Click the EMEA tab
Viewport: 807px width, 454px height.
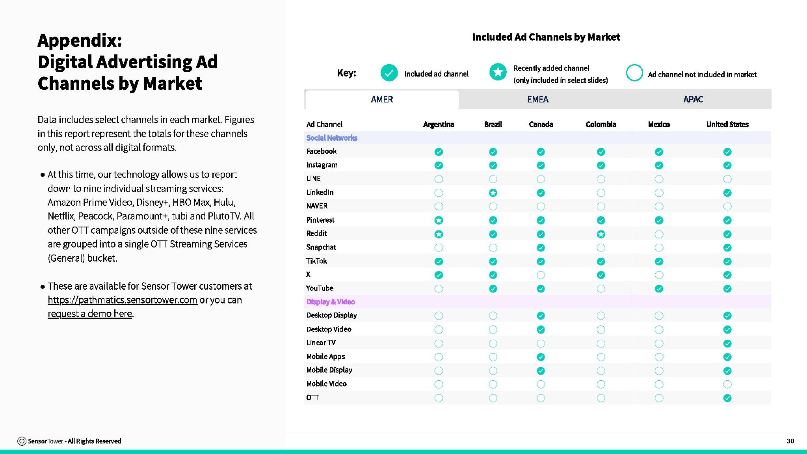[537, 99]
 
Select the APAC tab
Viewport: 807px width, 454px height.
[693, 99]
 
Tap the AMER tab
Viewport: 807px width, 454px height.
[382, 99]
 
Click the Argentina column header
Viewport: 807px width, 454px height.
[439, 125]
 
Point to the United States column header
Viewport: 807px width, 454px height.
[727, 125]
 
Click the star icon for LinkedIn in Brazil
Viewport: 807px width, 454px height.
[493, 193]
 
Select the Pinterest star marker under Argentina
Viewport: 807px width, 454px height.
[439, 220]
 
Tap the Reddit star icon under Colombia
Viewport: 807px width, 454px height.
[601, 234]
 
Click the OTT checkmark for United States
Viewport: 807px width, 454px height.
[727, 398]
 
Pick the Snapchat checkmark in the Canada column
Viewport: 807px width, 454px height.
[541, 247]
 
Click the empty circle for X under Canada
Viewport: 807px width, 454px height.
[541, 275]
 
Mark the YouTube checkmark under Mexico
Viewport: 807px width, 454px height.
[659, 288]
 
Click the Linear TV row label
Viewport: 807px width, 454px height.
[321, 343]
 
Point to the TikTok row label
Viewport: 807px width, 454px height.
[316, 261]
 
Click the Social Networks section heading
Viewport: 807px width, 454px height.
[332, 138]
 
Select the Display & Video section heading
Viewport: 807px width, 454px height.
[331, 302]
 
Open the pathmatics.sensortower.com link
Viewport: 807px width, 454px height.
[122, 300]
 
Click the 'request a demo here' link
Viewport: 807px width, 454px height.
[90, 314]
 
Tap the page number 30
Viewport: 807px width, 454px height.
[790, 441]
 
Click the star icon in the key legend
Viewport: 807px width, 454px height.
[498, 72]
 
